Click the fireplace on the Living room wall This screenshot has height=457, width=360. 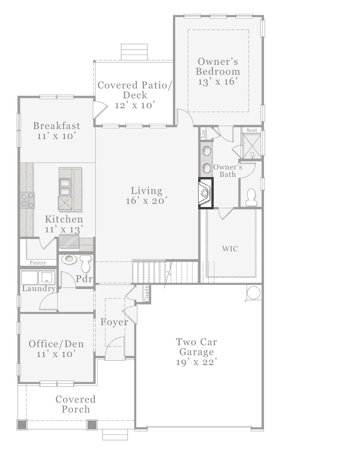coord(206,193)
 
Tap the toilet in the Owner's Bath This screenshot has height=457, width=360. coord(251,197)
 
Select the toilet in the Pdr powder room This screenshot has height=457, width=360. coord(85,264)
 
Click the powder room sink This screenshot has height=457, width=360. coord(69,259)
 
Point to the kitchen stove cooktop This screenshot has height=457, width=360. coord(27,200)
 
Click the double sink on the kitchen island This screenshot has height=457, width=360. coord(65,187)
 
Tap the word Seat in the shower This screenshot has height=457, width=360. coord(251,130)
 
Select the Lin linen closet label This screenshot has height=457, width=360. coord(203,134)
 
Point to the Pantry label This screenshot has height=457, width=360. coord(38,263)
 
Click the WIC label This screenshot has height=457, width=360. coord(230,249)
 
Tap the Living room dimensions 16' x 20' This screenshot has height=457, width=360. coord(146,201)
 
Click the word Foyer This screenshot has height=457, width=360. coord(114,322)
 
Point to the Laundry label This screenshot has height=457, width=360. coord(39,289)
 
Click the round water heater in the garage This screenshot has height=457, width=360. coord(254,292)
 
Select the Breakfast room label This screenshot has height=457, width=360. coord(57,126)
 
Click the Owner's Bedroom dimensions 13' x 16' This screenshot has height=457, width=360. coord(217,82)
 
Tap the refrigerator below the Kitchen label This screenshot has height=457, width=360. coord(69,241)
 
